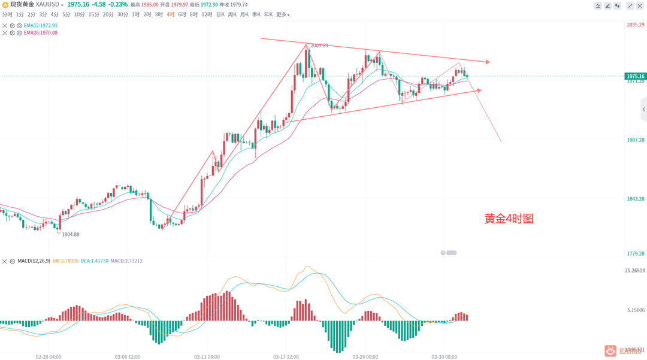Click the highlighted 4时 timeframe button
pyautogui.click(x=171, y=14)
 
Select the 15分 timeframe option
pyautogui.click(x=93, y=14)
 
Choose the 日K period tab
pyautogui.click(x=220, y=14)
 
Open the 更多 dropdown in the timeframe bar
pyautogui.click(x=282, y=14)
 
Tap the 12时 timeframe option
pyautogui.click(x=207, y=14)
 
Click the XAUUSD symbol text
pyautogui.click(x=48, y=5)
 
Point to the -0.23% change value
pyautogui.click(x=118, y=5)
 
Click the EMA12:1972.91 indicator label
pyautogui.click(x=41, y=26)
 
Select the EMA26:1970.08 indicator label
pyautogui.click(x=41, y=33)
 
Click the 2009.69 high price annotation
pyautogui.click(x=319, y=46)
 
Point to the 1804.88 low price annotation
pyautogui.click(x=71, y=234)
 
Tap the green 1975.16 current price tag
pyautogui.click(x=635, y=76)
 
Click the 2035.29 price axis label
pyautogui.click(x=635, y=25)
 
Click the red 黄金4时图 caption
pyautogui.click(x=509, y=219)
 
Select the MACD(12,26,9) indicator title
pyautogui.click(x=34, y=261)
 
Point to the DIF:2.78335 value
pyautogui.click(x=65, y=261)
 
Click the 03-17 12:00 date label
pyautogui.click(x=286, y=356)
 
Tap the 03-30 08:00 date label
pyautogui.click(x=444, y=356)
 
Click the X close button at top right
pyautogui.click(x=640, y=5)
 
